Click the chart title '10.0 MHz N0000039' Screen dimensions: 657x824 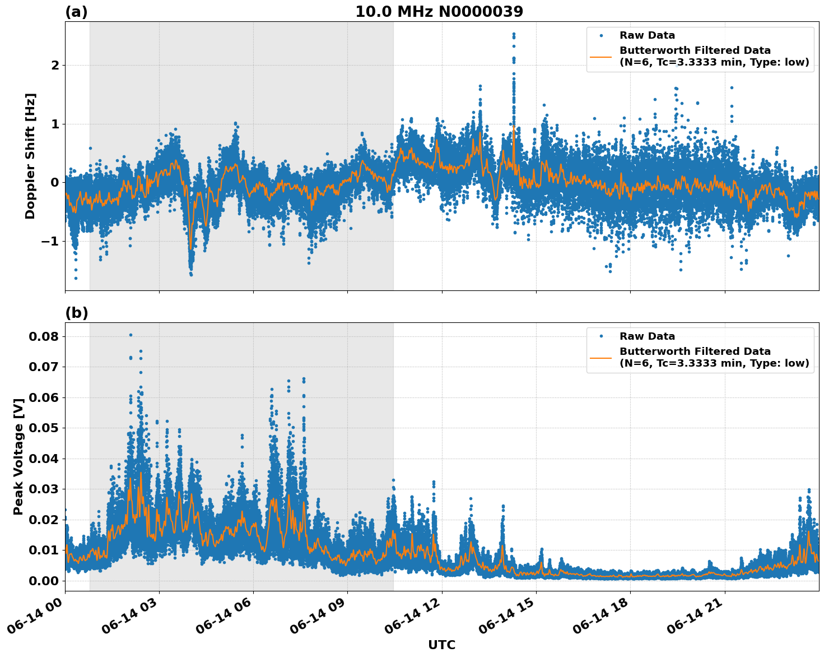click(x=439, y=12)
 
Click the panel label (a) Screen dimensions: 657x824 click(x=76, y=12)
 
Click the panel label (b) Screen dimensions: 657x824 click(x=76, y=313)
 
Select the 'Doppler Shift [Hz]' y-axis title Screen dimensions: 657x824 click(x=30, y=156)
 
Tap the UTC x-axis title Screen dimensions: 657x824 click(x=441, y=645)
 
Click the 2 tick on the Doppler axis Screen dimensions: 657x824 click(x=55, y=66)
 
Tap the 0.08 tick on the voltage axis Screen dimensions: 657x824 click(x=44, y=336)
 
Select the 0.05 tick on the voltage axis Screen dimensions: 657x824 click(x=44, y=428)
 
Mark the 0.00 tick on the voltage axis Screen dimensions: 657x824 click(x=44, y=580)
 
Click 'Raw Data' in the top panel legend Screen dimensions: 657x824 click(x=647, y=35)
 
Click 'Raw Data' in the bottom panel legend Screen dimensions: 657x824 click(x=647, y=336)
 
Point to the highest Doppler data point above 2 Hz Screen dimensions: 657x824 click(x=514, y=34)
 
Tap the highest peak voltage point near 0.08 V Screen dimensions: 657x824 click(x=131, y=335)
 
